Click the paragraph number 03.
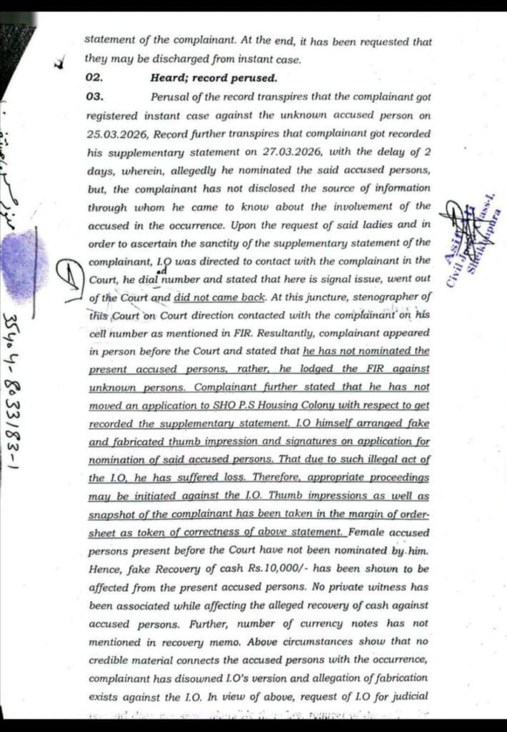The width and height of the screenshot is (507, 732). (x=95, y=96)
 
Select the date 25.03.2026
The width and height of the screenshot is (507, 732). (x=111, y=133)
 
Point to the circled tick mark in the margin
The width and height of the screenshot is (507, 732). (x=69, y=277)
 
